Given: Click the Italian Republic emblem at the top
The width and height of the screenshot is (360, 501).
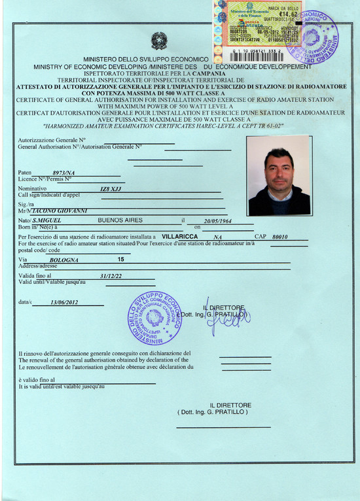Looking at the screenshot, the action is coord(159,41).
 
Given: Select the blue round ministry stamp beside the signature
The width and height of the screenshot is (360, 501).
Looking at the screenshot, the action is coord(154,318).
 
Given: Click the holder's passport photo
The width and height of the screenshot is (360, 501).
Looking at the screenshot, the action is coord(279,175).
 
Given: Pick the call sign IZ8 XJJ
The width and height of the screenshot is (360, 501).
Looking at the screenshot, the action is coord(111,189).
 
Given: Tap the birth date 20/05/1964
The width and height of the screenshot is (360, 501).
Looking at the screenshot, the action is coord(218,222).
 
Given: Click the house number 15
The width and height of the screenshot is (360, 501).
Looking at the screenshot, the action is coord(120,260).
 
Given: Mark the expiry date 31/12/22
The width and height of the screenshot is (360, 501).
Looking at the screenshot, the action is coord(111,277).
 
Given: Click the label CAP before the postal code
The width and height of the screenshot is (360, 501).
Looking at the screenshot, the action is coord(259,236).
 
